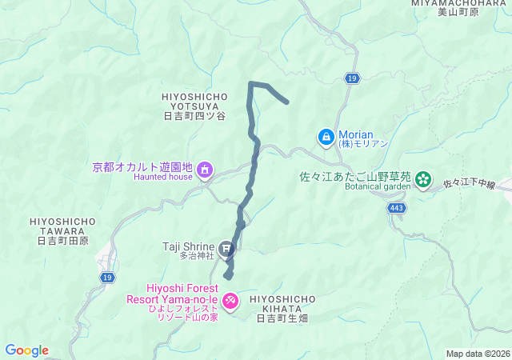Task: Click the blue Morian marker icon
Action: tap(326, 138)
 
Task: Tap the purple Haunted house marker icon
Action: tap(205, 168)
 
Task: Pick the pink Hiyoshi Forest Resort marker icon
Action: tap(230, 300)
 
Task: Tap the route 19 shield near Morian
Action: tap(351, 78)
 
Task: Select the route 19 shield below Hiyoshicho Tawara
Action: tap(106, 277)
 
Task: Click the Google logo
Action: tap(27, 350)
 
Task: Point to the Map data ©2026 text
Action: tap(477, 354)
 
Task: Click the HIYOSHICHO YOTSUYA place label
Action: tap(194, 106)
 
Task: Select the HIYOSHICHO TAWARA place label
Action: tap(62, 230)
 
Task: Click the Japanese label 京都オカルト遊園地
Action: tap(143, 167)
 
